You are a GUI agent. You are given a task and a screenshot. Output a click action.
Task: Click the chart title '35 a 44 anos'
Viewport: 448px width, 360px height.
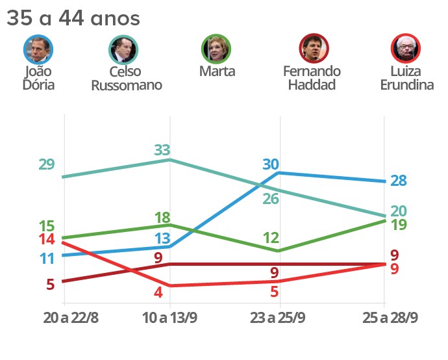pyautogui.click(x=73, y=18)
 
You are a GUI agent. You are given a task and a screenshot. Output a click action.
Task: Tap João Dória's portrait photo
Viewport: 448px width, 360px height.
pyautogui.click(x=38, y=49)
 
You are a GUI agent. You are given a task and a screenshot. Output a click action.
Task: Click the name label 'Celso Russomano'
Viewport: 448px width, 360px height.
pyautogui.click(x=127, y=79)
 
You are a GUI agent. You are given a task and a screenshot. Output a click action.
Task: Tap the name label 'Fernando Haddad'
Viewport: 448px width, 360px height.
pyautogui.click(x=312, y=77)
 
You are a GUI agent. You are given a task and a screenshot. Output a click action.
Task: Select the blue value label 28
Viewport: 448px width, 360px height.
pyautogui.click(x=399, y=181)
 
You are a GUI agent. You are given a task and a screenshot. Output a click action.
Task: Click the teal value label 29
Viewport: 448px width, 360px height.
pyautogui.click(x=46, y=164)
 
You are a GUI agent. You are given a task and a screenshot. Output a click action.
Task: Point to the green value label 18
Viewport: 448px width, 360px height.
pyautogui.click(x=163, y=217)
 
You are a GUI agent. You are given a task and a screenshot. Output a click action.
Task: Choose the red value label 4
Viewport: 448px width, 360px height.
pyautogui.click(x=158, y=292)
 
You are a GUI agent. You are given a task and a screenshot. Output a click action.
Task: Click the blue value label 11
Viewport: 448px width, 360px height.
pyautogui.click(x=46, y=259)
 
